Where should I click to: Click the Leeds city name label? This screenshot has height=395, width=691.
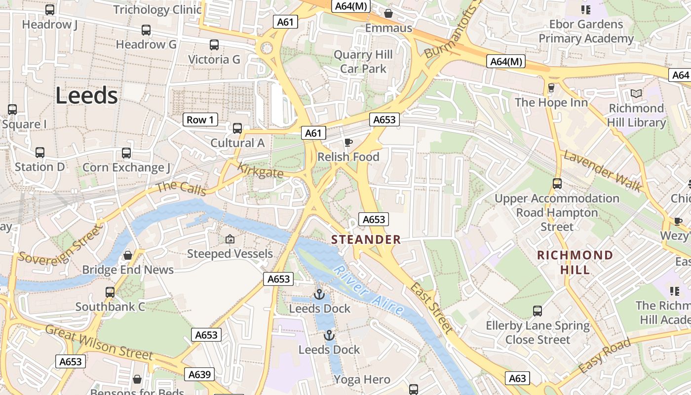(x=86, y=95)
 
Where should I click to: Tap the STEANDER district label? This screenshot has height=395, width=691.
(x=366, y=240)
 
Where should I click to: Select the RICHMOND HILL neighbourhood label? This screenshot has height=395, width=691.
(x=575, y=262)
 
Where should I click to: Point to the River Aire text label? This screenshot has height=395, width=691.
(x=369, y=291)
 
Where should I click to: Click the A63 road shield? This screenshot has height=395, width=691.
(x=517, y=378)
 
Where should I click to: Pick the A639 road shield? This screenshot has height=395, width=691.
(x=200, y=374)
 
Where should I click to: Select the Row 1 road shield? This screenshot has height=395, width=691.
(x=200, y=119)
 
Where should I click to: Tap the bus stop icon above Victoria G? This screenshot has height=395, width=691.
(x=214, y=45)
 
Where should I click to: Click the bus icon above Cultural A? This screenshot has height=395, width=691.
(x=237, y=128)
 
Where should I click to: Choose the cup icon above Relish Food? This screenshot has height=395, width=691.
(x=348, y=143)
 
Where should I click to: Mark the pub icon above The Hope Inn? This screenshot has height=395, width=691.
(x=551, y=88)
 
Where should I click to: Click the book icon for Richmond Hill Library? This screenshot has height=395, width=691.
(x=636, y=93)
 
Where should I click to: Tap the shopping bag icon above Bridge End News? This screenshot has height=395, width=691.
(x=128, y=255)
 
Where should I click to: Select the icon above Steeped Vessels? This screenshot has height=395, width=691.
(x=230, y=239)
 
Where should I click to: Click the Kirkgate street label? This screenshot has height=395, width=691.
(x=260, y=170)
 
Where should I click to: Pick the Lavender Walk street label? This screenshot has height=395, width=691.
(x=603, y=171)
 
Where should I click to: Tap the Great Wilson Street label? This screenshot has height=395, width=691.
(x=99, y=342)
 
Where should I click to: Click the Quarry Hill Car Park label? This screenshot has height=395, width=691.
(x=363, y=62)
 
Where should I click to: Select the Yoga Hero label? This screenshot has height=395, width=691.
(x=362, y=380)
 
